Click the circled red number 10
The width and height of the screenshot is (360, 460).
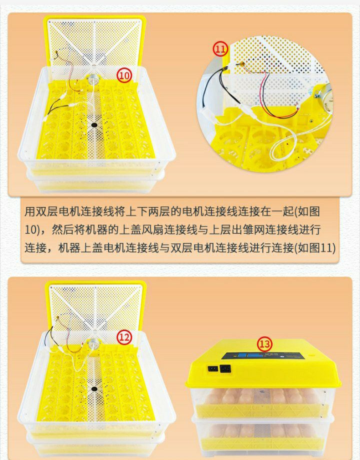124,75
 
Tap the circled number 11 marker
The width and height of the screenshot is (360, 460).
220,49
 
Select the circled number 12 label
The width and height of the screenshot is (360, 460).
124,337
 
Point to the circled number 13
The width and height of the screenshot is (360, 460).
264,344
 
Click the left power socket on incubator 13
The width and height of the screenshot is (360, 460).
212,368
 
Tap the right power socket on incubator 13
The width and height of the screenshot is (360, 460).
225,369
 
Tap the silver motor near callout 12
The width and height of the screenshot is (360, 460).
93,342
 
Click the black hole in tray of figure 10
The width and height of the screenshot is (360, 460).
94,125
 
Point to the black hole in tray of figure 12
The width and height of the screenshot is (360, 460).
94,389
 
